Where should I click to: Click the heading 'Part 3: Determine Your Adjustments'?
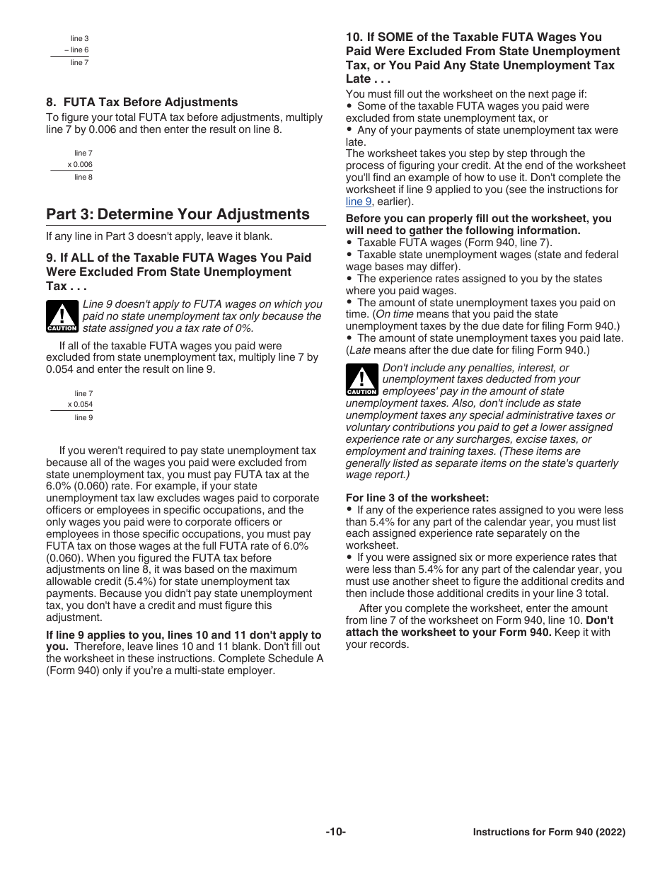coord(178,214)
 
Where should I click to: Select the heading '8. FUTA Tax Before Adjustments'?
coord(141,102)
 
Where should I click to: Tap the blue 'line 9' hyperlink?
coord(359,202)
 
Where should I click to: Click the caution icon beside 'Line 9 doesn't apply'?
coord(62,316)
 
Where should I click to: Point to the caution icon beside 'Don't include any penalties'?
coord(361,380)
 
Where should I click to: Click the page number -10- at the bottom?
coord(335,833)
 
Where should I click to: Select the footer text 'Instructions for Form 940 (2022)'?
coord(549,833)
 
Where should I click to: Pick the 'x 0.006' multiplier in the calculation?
coord(80,165)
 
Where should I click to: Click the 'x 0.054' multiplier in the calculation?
coord(80,405)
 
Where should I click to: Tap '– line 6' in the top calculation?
coord(76,50)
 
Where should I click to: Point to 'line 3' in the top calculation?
coord(79,38)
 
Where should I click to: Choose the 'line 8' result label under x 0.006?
coord(83,177)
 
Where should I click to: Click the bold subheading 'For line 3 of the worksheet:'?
coord(417,498)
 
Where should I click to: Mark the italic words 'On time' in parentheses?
coord(397,314)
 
